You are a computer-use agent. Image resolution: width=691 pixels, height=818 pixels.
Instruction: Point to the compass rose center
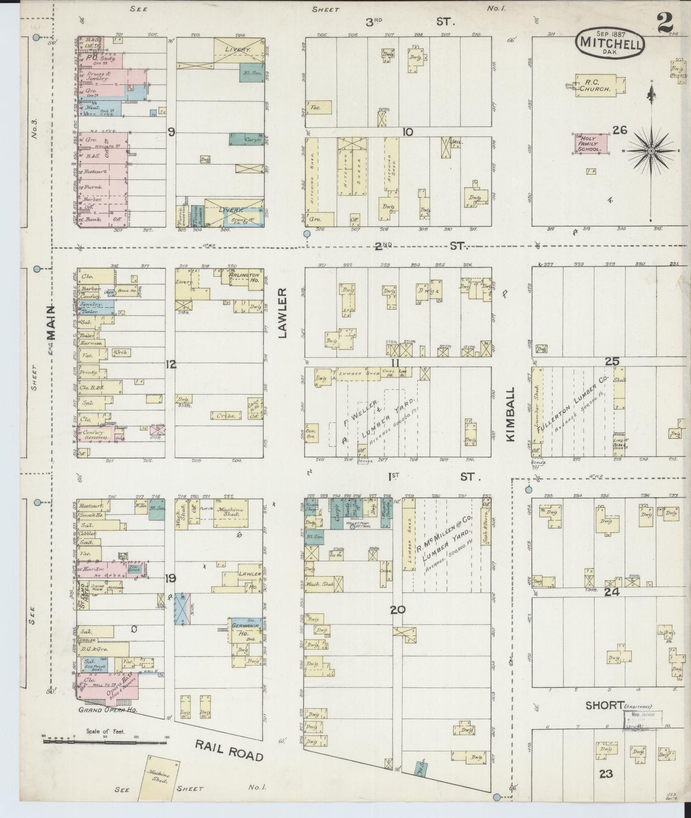(x=651, y=151)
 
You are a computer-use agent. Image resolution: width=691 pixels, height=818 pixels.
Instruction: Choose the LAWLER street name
(x=282, y=313)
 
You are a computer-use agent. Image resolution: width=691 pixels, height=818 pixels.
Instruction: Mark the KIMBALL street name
(x=511, y=414)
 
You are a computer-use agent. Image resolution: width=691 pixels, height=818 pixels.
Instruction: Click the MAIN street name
(x=51, y=323)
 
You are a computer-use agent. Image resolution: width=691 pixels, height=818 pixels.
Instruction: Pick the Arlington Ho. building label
(x=244, y=278)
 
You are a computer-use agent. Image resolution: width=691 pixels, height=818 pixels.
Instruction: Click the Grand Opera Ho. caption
(x=108, y=709)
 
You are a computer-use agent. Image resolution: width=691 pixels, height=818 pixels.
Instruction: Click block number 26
(x=620, y=130)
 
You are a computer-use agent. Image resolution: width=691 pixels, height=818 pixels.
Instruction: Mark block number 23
(x=605, y=774)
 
